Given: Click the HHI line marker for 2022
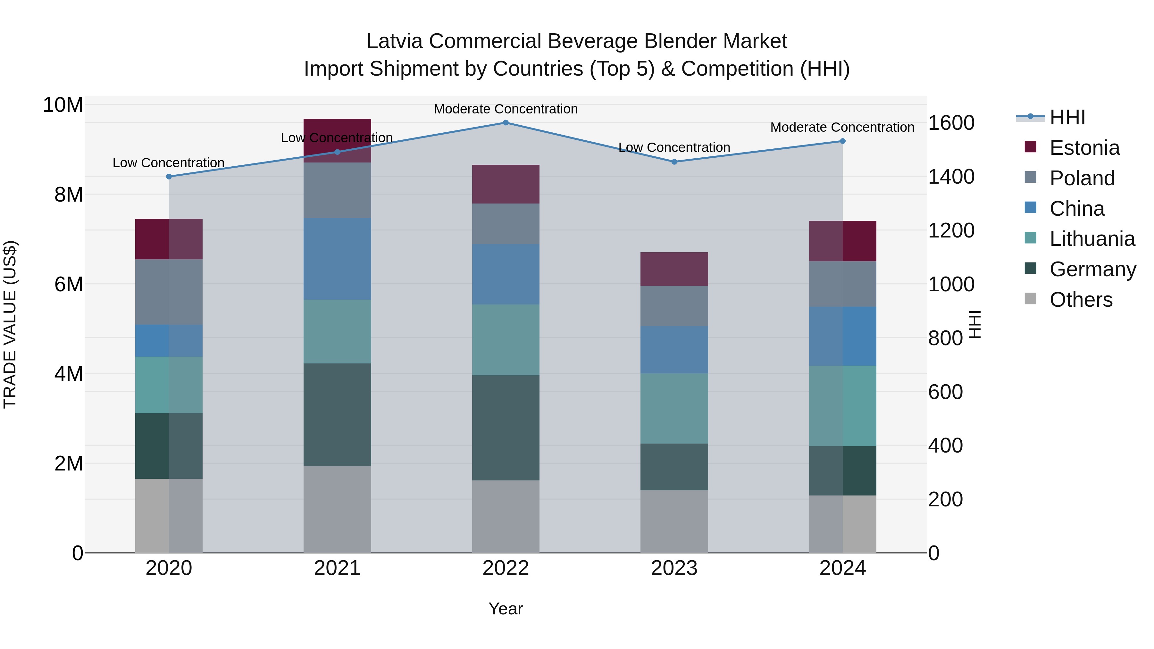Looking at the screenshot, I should click(506, 123).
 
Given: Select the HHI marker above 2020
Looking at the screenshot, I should click(169, 177).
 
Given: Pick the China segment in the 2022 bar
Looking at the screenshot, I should click(506, 275).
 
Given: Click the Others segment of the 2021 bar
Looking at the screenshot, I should click(337, 509).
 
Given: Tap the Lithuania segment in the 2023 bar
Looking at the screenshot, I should click(674, 409).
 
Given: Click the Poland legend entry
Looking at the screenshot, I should click(1082, 178).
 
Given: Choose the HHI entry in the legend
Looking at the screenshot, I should click(1067, 117).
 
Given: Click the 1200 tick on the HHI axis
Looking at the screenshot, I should click(951, 231).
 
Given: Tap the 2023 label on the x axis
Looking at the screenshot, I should click(674, 568).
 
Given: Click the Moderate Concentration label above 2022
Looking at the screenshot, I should click(506, 109).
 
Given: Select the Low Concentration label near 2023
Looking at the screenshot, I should click(674, 147).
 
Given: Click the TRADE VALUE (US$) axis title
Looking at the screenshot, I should click(10, 324).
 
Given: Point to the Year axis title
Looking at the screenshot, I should click(506, 609).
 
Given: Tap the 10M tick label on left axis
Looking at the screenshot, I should click(63, 105).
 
